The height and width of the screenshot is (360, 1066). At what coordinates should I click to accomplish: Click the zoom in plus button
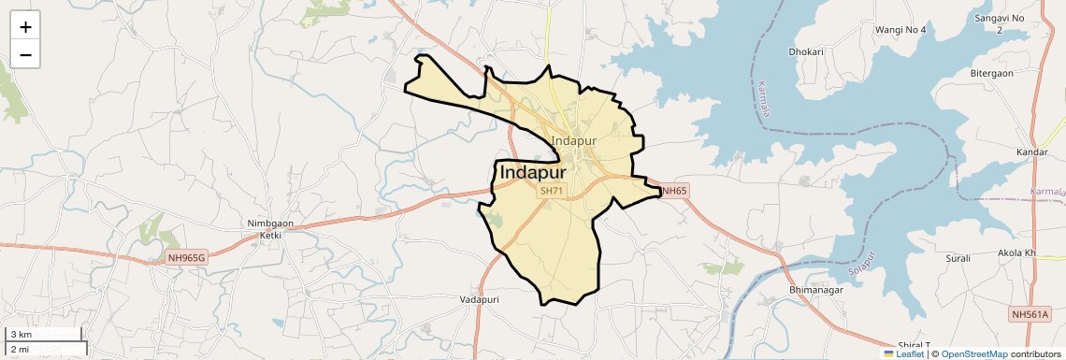click(x=25, y=27)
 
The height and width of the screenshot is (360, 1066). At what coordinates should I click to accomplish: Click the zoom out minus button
click(x=25, y=55)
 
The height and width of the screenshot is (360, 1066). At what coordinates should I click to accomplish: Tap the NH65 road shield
click(x=674, y=191)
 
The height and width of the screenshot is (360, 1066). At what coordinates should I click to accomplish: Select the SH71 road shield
click(x=552, y=191)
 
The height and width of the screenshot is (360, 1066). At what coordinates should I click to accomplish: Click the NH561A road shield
click(x=1037, y=314)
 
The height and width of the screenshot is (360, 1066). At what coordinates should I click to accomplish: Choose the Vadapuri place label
click(x=481, y=299)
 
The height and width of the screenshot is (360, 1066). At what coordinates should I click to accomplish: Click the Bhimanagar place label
click(x=790, y=291)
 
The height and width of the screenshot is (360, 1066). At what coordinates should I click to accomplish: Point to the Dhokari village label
click(x=805, y=52)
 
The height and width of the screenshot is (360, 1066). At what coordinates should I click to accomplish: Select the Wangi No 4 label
click(x=900, y=30)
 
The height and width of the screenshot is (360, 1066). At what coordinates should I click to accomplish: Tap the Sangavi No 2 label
click(x=1000, y=24)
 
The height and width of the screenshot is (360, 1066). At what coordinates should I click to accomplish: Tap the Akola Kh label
click(x=1017, y=253)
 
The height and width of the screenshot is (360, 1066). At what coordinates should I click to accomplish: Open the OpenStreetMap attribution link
click(x=973, y=354)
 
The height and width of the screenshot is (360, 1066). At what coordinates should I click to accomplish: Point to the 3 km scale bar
click(x=45, y=334)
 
